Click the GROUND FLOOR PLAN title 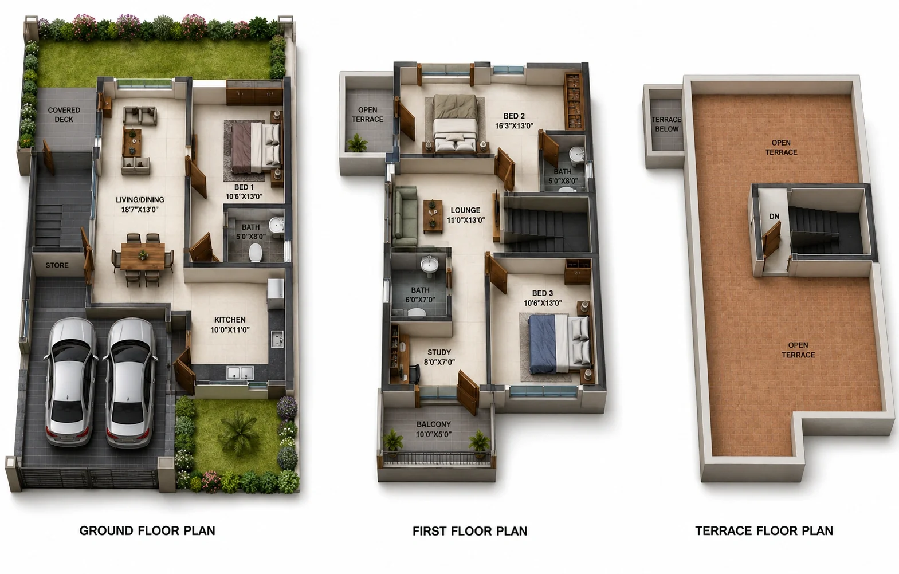click(147, 530)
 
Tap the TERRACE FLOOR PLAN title click(764, 530)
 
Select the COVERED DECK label click(64, 115)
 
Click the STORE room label click(57, 265)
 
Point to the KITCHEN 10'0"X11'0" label click(230, 325)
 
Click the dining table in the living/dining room click(143, 256)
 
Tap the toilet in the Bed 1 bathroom click(256, 253)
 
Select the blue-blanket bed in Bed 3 click(559, 344)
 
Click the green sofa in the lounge click(405, 216)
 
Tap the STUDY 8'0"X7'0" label click(439, 357)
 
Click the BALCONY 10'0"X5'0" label click(434, 429)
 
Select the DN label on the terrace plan click(774, 217)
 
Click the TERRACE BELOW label click(666, 124)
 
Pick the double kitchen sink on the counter click(240, 372)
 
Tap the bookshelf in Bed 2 click(574, 101)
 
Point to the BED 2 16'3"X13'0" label click(514, 121)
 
